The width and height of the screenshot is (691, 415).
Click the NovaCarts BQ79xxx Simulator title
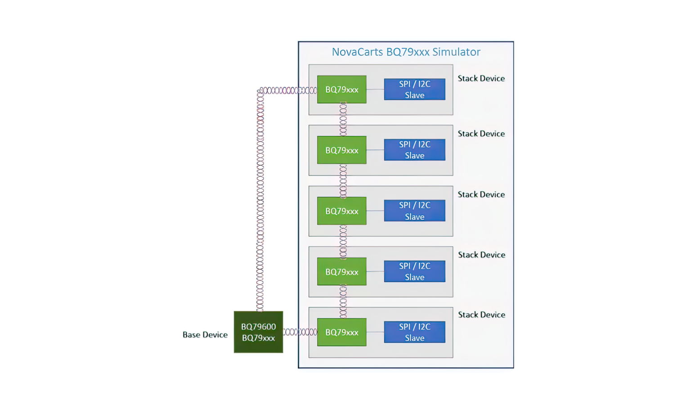(x=406, y=52)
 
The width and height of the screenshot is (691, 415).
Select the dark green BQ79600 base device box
(x=258, y=332)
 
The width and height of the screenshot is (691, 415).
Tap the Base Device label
(x=205, y=335)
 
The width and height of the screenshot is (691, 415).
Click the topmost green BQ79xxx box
(x=341, y=90)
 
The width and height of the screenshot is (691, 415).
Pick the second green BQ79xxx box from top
(x=341, y=150)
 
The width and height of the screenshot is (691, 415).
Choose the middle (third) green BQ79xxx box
(x=341, y=211)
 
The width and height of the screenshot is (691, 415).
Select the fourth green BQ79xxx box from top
(x=341, y=272)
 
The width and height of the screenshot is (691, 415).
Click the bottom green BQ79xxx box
(x=341, y=332)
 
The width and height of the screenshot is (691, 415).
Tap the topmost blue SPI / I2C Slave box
(x=414, y=90)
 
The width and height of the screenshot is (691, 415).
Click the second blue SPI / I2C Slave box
(x=414, y=150)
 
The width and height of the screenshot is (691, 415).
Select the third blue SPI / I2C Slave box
(x=414, y=211)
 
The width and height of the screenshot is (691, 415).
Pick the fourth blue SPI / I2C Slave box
(x=414, y=271)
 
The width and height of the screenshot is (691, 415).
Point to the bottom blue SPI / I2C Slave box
(x=414, y=332)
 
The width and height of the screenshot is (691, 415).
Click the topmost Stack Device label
(x=481, y=79)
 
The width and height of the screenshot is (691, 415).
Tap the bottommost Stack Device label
(x=481, y=315)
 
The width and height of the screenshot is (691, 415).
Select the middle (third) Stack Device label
(x=481, y=195)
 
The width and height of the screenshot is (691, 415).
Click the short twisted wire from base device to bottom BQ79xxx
(x=300, y=332)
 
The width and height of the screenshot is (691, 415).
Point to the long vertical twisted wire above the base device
(x=260, y=203)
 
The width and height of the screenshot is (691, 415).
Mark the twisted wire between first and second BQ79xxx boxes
(x=343, y=119)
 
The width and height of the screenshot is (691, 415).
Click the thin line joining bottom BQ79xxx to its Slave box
(x=375, y=332)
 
